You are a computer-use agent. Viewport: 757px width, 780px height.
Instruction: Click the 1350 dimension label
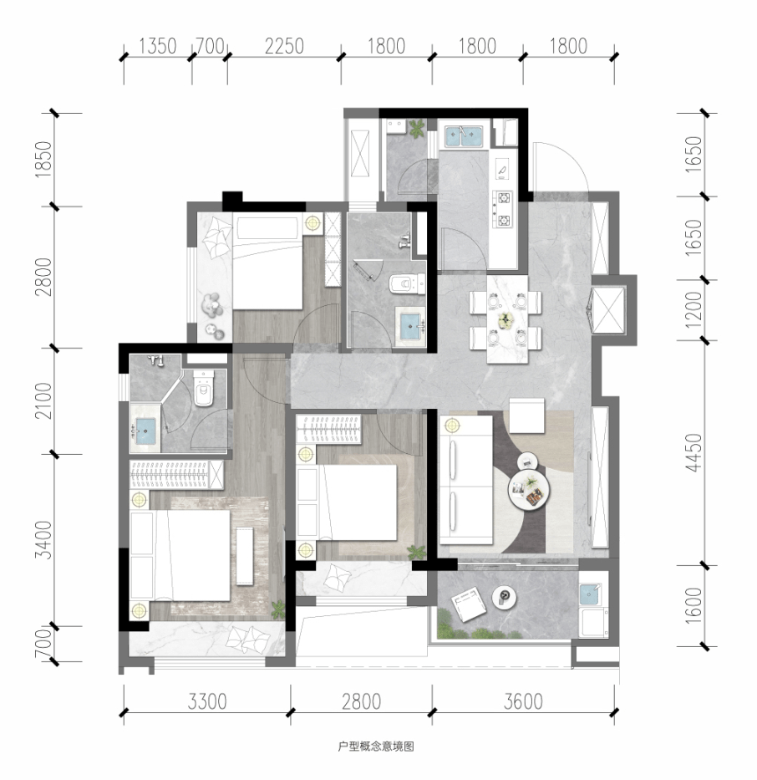point(158,46)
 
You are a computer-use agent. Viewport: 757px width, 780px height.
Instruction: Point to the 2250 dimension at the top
point(284,46)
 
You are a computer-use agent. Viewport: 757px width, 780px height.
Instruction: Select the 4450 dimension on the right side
point(693,452)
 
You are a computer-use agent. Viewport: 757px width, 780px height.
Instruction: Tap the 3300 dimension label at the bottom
point(207,702)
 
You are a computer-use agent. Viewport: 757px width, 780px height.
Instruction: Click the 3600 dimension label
point(523,702)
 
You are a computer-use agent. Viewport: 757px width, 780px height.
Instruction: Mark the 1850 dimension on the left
point(43,159)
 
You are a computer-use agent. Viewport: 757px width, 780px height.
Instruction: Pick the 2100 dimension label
point(43,400)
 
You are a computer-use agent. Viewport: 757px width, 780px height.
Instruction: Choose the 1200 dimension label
point(693,309)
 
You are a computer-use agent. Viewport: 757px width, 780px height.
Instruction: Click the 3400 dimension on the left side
point(43,540)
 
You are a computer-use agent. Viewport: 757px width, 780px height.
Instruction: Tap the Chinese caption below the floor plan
point(376,747)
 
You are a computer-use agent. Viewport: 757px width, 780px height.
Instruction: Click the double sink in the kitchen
point(464,137)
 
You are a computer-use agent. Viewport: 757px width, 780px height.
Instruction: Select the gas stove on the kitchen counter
point(502,210)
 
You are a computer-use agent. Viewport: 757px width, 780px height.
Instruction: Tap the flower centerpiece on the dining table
point(506,320)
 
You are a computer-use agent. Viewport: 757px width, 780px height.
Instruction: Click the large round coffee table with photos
point(528,490)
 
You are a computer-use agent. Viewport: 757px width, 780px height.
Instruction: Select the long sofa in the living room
point(465,481)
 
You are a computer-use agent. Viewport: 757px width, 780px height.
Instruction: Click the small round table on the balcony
point(505,597)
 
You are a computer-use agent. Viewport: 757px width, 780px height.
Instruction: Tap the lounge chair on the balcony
point(468,604)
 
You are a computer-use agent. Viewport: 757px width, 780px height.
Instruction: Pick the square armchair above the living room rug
point(527,415)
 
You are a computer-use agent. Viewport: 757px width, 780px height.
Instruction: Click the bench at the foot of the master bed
point(245,556)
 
